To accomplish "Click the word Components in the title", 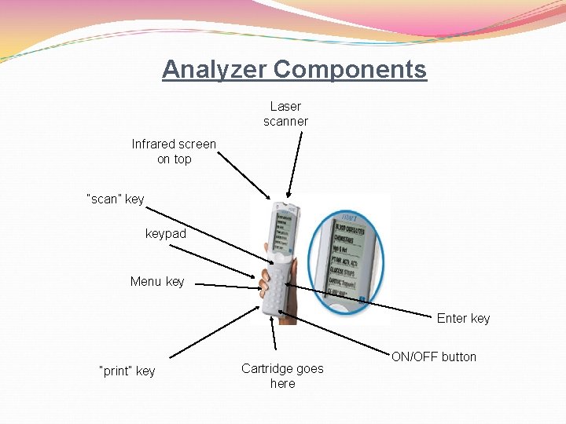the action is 350,69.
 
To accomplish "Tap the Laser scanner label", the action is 285,114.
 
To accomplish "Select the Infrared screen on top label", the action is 174,152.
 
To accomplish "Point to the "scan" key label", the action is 115,199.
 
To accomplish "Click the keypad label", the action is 166,234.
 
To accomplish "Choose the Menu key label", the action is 157,281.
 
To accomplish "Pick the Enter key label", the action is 463,318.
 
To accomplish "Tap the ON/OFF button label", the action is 434,356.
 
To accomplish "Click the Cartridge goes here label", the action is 282,376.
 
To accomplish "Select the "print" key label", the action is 127,371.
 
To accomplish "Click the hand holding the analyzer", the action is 290,276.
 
